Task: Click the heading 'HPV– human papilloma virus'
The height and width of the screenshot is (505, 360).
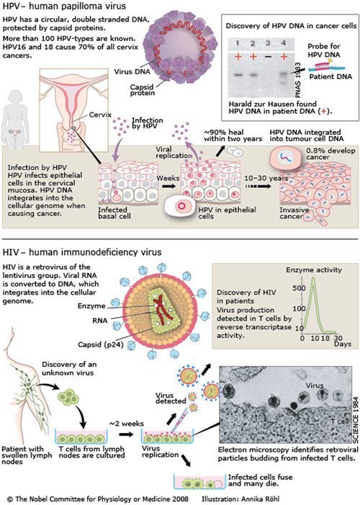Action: click(x=64, y=6)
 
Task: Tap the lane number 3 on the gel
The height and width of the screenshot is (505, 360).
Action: click(x=268, y=43)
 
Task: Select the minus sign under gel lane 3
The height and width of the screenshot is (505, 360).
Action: click(x=268, y=57)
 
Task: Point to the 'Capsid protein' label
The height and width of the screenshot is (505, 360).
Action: click(x=142, y=90)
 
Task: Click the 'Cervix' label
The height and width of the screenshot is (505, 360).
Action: click(x=100, y=115)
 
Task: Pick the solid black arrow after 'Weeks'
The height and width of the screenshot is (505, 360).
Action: click(x=169, y=186)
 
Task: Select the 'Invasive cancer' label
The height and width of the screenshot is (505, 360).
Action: click(x=294, y=213)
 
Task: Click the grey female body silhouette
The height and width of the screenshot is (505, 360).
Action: click(x=15, y=119)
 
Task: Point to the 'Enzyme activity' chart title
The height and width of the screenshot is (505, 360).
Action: click(x=314, y=270)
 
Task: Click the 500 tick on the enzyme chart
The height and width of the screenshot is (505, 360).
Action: click(x=299, y=288)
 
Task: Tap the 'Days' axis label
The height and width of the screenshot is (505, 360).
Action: click(x=342, y=344)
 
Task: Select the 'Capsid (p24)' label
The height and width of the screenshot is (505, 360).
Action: click(x=101, y=345)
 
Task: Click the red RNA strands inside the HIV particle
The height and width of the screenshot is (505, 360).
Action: click(x=163, y=308)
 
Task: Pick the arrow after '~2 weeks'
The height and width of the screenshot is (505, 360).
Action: click(x=126, y=434)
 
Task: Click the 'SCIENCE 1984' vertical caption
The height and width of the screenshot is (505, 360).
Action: click(x=356, y=420)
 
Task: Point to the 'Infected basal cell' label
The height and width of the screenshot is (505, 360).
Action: click(x=114, y=213)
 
